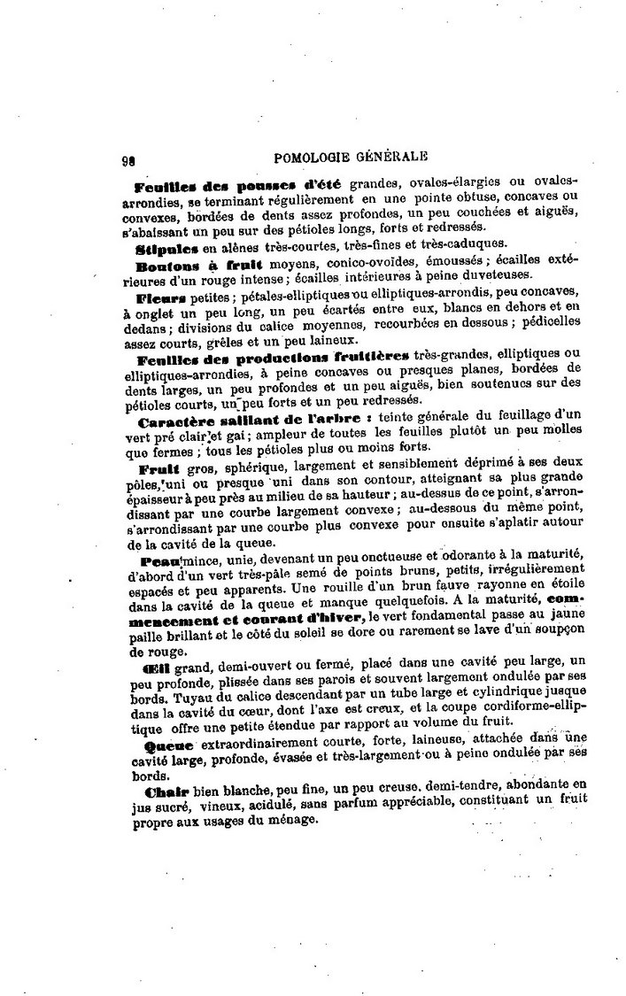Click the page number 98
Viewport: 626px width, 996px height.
coord(127,161)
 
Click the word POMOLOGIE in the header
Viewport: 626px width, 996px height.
coord(315,158)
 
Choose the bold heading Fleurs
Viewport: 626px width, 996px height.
coord(159,293)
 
